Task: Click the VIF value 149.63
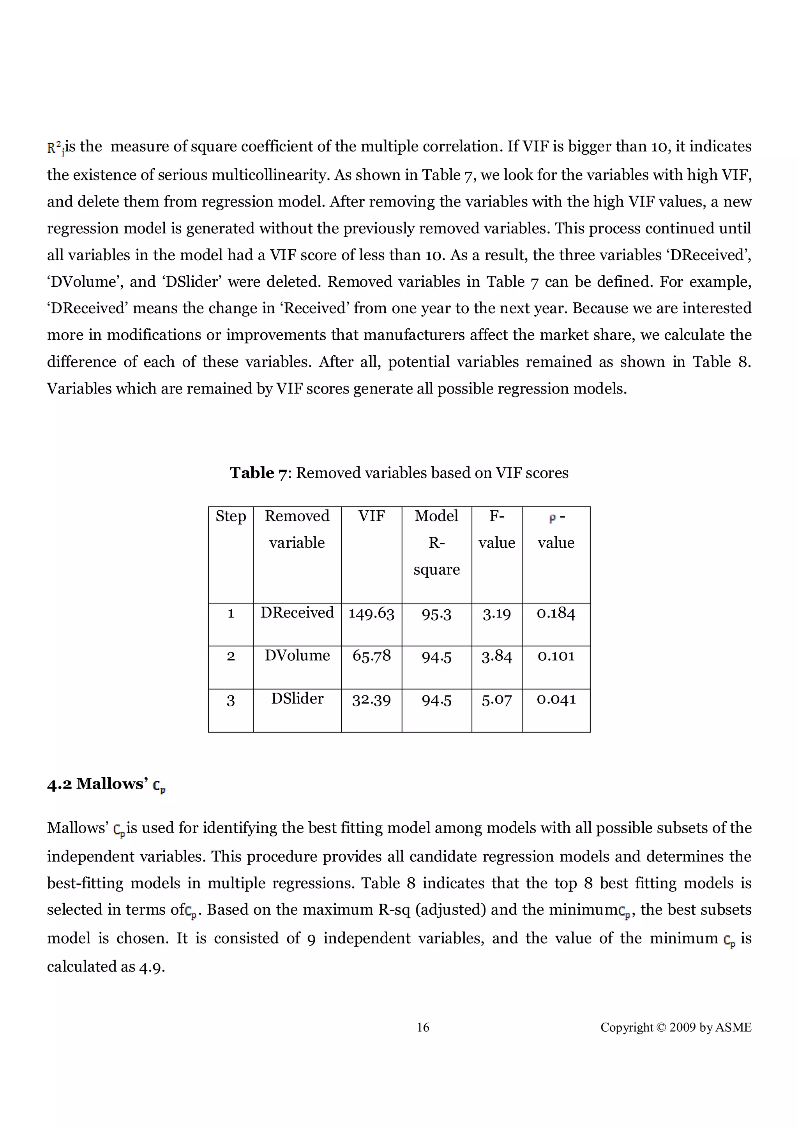(x=371, y=613)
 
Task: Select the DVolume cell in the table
(x=297, y=656)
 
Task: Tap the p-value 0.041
(x=556, y=699)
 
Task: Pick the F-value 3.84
(x=496, y=656)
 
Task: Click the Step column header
(x=231, y=516)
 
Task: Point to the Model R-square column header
(x=436, y=542)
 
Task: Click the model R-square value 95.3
(x=436, y=614)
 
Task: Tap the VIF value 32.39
(x=371, y=699)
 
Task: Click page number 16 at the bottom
(x=423, y=1027)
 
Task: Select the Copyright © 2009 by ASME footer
(x=676, y=1027)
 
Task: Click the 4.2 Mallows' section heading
(x=106, y=784)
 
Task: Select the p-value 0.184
(x=556, y=613)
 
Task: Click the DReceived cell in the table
(x=297, y=613)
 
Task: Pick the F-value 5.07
(x=496, y=699)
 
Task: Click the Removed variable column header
(x=297, y=529)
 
